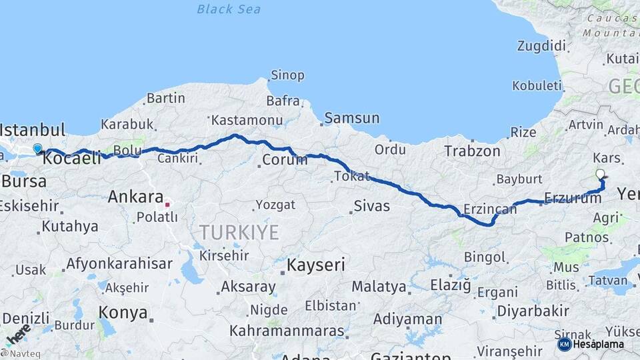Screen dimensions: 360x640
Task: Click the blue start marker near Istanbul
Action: pyautogui.click(x=37, y=149)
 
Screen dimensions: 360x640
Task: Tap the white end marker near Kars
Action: pyautogui.click(x=600, y=174)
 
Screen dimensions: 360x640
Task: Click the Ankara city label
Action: pyautogui.click(x=135, y=197)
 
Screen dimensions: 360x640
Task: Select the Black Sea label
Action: pyautogui.click(x=229, y=9)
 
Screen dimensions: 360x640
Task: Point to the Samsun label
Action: pyautogui.click(x=351, y=118)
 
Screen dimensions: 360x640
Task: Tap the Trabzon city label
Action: pyautogui.click(x=472, y=151)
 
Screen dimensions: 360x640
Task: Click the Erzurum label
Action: pyautogui.click(x=573, y=198)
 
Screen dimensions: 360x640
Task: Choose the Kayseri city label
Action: pyautogui.click(x=315, y=265)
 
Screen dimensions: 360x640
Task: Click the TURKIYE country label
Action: pyautogui.click(x=239, y=233)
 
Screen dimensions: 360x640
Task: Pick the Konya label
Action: pyautogui.click(x=123, y=311)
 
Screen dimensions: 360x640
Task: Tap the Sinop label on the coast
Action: pyautogui.click(x=287, y=75)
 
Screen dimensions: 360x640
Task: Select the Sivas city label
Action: pyautogui.click(x=371, y=206)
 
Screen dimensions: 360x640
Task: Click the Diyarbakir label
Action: pyautogui.click(x=533, y=311)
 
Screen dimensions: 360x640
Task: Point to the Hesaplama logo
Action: pyautogui.click(x=591, y=344)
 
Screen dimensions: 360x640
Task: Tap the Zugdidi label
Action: pyautogui.click(x=541, y=46)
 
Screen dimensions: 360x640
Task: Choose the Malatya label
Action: pyautogui.click(x=379, y=287)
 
